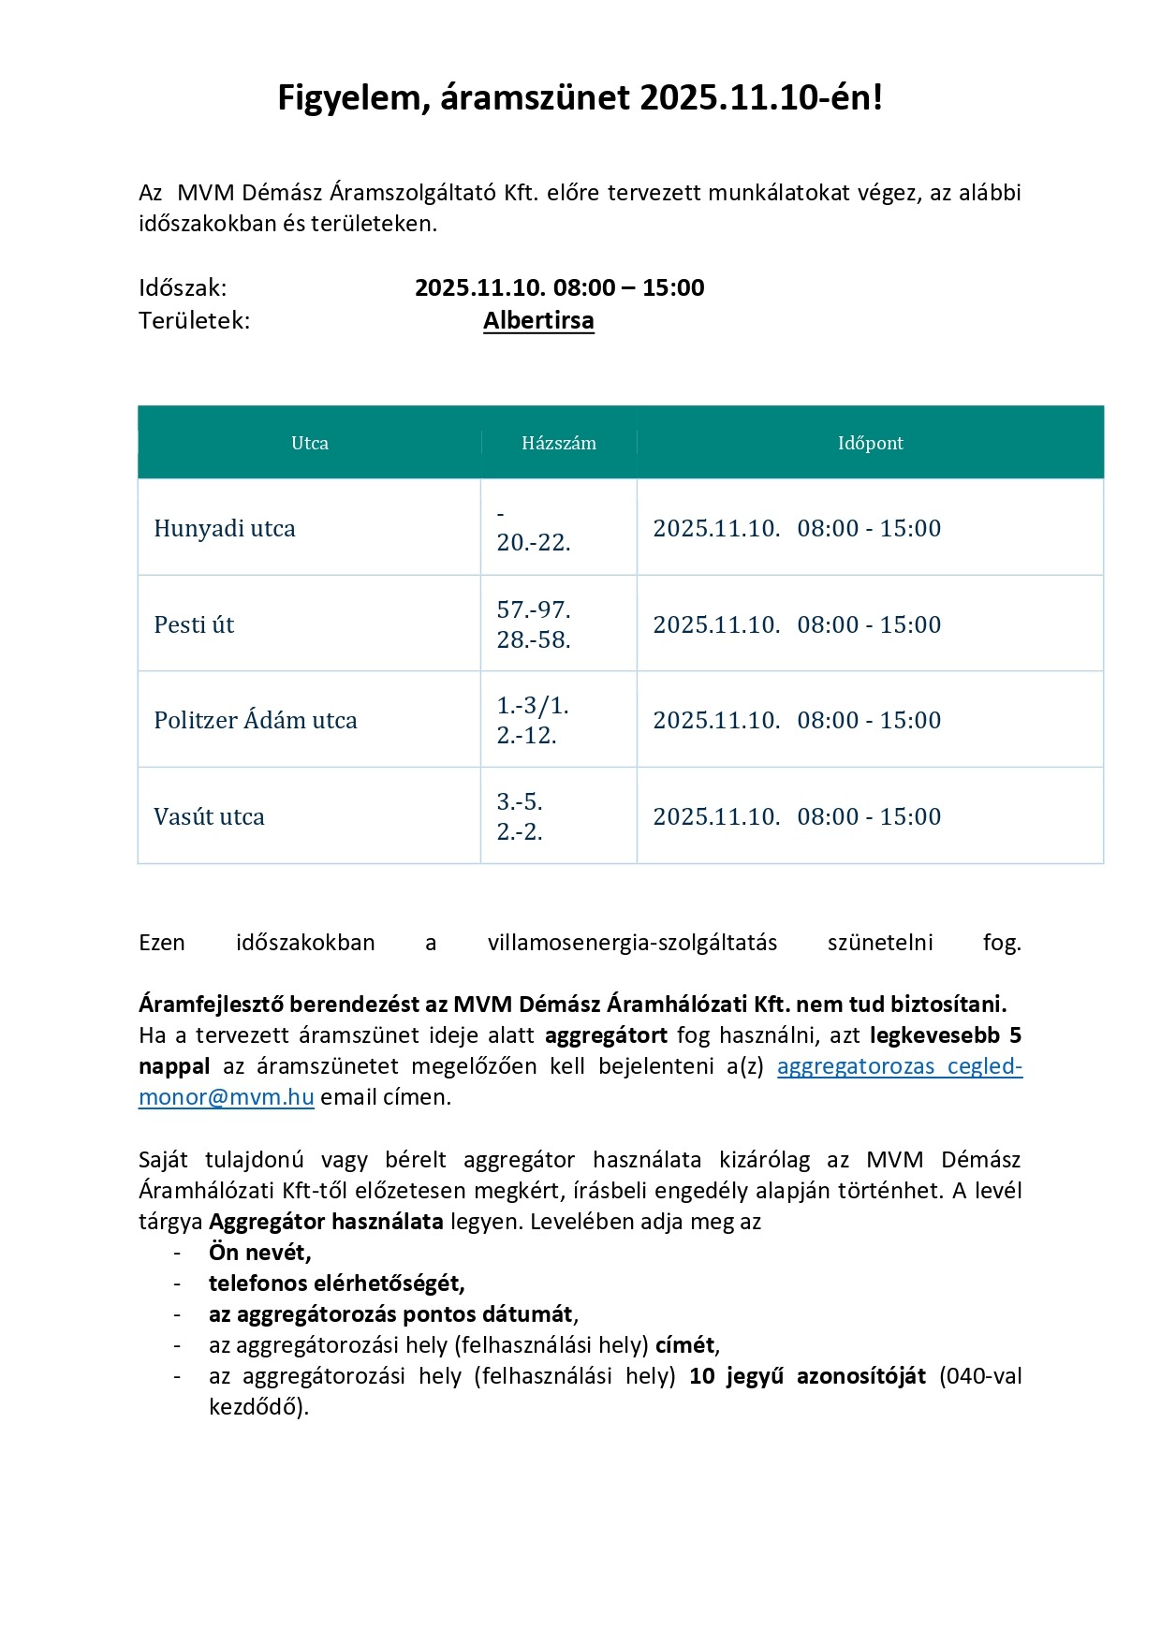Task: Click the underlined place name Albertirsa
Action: click(x=538, y=320)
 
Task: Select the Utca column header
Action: click(x=310, y=443)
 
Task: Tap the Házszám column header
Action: click(x=559, y=443)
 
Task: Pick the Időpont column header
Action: click(x=870, y=443)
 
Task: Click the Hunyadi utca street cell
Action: click(x=225, y=529)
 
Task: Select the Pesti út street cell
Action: click(x=194, y=625)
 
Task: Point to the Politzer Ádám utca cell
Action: click(x=256, y=721)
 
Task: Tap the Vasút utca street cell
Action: click(x=209, y=817)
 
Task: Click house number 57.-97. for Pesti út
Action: click(x=534, y=610)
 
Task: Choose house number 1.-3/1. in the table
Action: click(x=533, y=706)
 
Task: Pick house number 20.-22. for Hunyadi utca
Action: click(x=534, y=543)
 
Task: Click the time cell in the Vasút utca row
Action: click(x=797, y=817)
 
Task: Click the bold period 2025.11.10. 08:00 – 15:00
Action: click(x=560, y=287)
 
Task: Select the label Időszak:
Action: click(x=183, y=287)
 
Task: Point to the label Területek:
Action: click(x=195, y=320)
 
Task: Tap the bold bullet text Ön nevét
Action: click(x=259, y=1253)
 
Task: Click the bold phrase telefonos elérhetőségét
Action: click(x=336, y=1284)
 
